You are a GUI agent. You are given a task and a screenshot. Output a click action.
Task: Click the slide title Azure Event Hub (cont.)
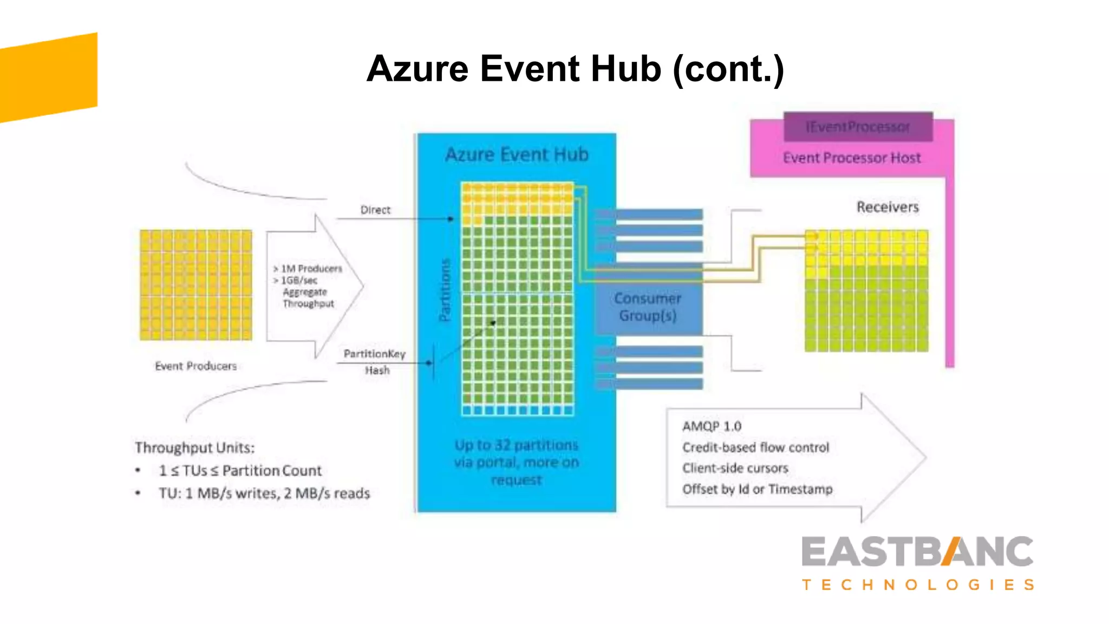(x=575, y=69)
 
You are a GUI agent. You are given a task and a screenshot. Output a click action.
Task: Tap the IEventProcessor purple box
(x=858, y=127)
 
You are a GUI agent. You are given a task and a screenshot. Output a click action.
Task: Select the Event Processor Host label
(x=851, y=158)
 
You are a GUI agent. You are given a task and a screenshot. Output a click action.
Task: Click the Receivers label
(x=887, y=207)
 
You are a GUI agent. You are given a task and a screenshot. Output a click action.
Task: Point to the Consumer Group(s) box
(x=648, y=307)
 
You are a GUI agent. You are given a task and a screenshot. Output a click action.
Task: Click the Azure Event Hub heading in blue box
(x=517, y=155)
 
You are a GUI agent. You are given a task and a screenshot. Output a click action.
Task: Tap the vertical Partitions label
(x=445, y=290)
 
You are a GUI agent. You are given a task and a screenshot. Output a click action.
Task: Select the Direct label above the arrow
(x=375, y=210)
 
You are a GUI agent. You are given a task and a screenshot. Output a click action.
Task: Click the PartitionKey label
(x=374, y=354)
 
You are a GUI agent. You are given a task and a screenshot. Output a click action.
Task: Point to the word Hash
(x=377, y=370)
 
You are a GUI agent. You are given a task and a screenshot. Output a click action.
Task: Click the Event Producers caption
(x=195, y=366)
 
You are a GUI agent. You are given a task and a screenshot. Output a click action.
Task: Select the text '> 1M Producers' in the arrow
(x=308, y=269)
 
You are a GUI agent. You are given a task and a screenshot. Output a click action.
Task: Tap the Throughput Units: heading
(x=194, y=448)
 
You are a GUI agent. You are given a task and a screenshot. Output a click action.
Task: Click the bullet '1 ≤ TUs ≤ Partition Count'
(x=240, y=471)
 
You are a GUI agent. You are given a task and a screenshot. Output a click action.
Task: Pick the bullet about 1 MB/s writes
(x=264, y=493)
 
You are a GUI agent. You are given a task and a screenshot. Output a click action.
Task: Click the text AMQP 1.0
(x=712, y=426)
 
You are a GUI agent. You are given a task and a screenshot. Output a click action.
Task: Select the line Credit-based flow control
(x=755, y=447)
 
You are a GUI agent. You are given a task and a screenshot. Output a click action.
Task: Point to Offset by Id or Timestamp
(x=757, y=489)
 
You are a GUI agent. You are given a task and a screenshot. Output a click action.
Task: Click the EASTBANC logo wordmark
(x=917, y=552)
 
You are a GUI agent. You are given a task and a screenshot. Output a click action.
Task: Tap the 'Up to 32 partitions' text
(x=516, y=445)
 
